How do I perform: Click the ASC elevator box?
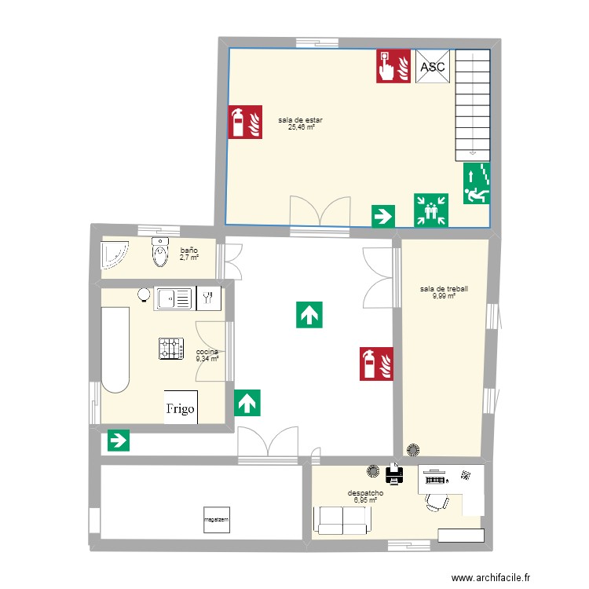433,67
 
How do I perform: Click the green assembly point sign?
431,210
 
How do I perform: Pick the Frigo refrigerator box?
181,408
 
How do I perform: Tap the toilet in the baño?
161,253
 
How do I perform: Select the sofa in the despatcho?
342,519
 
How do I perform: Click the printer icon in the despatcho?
393,474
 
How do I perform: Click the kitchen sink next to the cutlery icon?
174,298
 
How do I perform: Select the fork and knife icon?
208,298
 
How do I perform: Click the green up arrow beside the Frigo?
247,403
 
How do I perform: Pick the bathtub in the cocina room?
115,349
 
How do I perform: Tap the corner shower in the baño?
115,255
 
